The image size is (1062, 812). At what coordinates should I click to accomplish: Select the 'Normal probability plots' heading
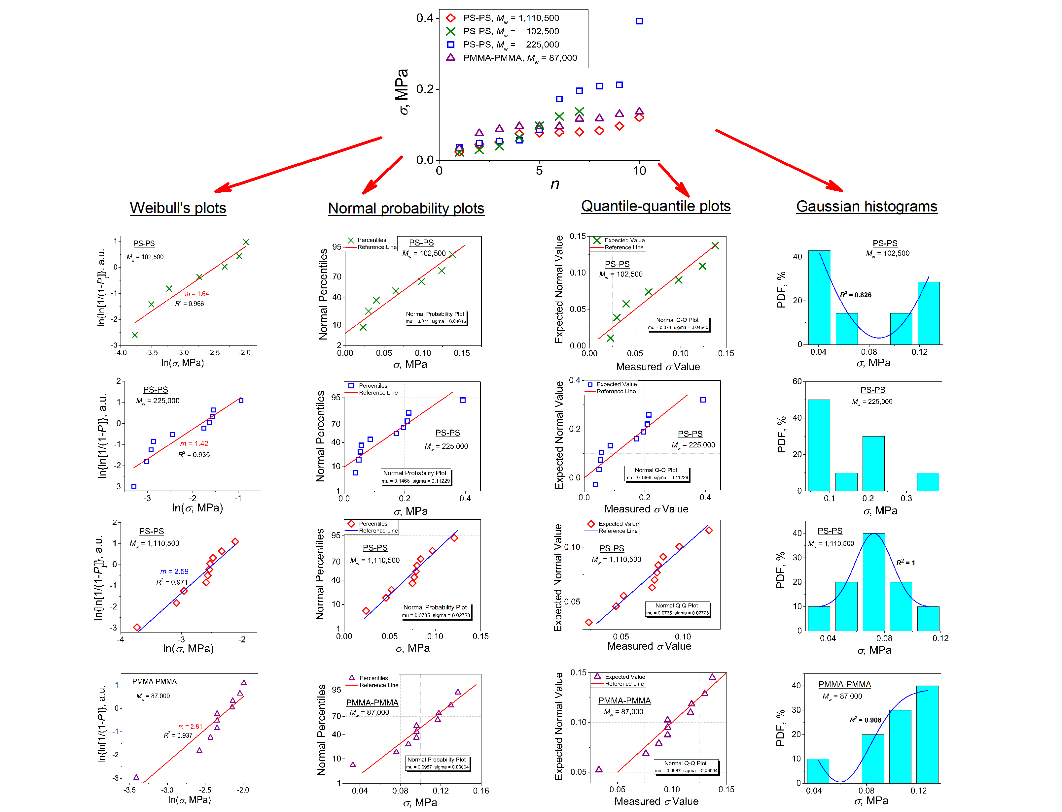coord(406,208)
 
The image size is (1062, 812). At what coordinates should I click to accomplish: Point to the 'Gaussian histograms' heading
coord(867,207)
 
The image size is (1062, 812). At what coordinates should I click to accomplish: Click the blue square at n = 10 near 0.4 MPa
coord(639,21)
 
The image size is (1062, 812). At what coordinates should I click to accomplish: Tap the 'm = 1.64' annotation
coord(197,294)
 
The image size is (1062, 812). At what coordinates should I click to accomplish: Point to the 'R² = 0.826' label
coord(856,295)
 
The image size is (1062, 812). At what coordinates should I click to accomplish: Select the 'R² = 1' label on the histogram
coord(905,563)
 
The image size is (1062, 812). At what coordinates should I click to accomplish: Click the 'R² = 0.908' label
coord(865,720)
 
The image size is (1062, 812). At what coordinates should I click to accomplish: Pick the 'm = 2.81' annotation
coord(190,727)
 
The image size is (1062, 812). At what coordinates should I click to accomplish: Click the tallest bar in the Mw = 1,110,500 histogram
coord(873,582)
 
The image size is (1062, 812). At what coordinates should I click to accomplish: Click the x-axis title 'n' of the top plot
coord(555,184)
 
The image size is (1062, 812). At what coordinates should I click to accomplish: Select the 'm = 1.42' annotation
coord(194,444)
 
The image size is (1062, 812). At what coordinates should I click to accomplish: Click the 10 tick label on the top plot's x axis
coord(639,171)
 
